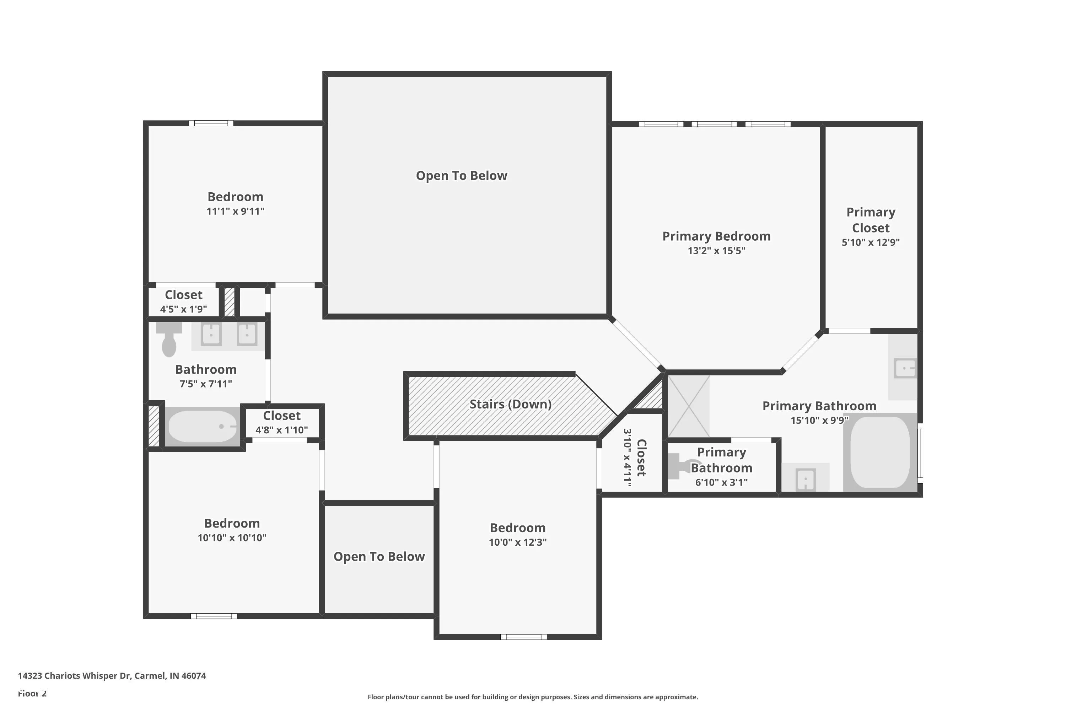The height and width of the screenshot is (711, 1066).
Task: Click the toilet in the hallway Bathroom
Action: click(x=169, y=339)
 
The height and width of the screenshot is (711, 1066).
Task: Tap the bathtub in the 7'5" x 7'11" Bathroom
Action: click(x=203, y=426)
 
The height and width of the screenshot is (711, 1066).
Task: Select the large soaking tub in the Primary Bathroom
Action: click(x=880, y=452)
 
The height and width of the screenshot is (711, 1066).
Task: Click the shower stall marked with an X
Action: click(x=689, y=406)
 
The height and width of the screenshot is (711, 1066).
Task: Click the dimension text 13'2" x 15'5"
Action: click(x=717, y=250)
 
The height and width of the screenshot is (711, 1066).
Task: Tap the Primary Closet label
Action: click(x=871, y=220)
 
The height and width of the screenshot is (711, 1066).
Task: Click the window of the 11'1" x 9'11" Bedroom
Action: click(x=211, y=123)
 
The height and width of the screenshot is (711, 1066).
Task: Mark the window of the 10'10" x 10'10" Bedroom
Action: click(x=214, y=616)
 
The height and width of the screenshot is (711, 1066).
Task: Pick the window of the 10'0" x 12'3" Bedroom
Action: click(x=523, y=637)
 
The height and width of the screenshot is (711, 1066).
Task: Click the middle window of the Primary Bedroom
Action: click(x=714, y=124)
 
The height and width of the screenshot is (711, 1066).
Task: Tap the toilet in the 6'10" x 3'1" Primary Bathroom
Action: click(x=683, y=466)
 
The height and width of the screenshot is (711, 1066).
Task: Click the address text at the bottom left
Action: click(x=112, y=676)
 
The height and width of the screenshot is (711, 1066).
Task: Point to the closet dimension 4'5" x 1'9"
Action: click(x=184, y=309)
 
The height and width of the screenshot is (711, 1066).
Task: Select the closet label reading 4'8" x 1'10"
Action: click(x=282, y=430)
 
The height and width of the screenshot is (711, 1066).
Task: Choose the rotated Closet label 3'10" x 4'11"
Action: click(x=635, y=458)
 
